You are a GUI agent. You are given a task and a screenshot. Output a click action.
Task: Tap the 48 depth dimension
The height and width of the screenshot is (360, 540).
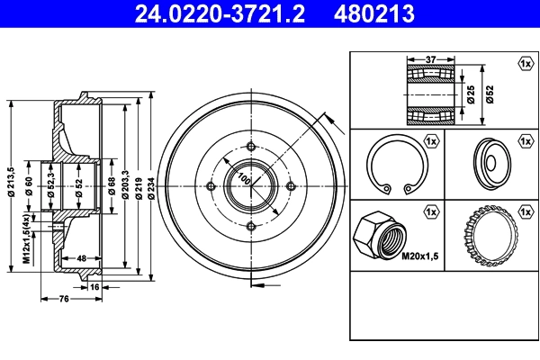pyautogui.click(x=81, y=257)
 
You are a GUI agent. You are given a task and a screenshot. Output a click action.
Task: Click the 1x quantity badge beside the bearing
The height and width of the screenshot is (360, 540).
pyautogui.click(x=524, y=63)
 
